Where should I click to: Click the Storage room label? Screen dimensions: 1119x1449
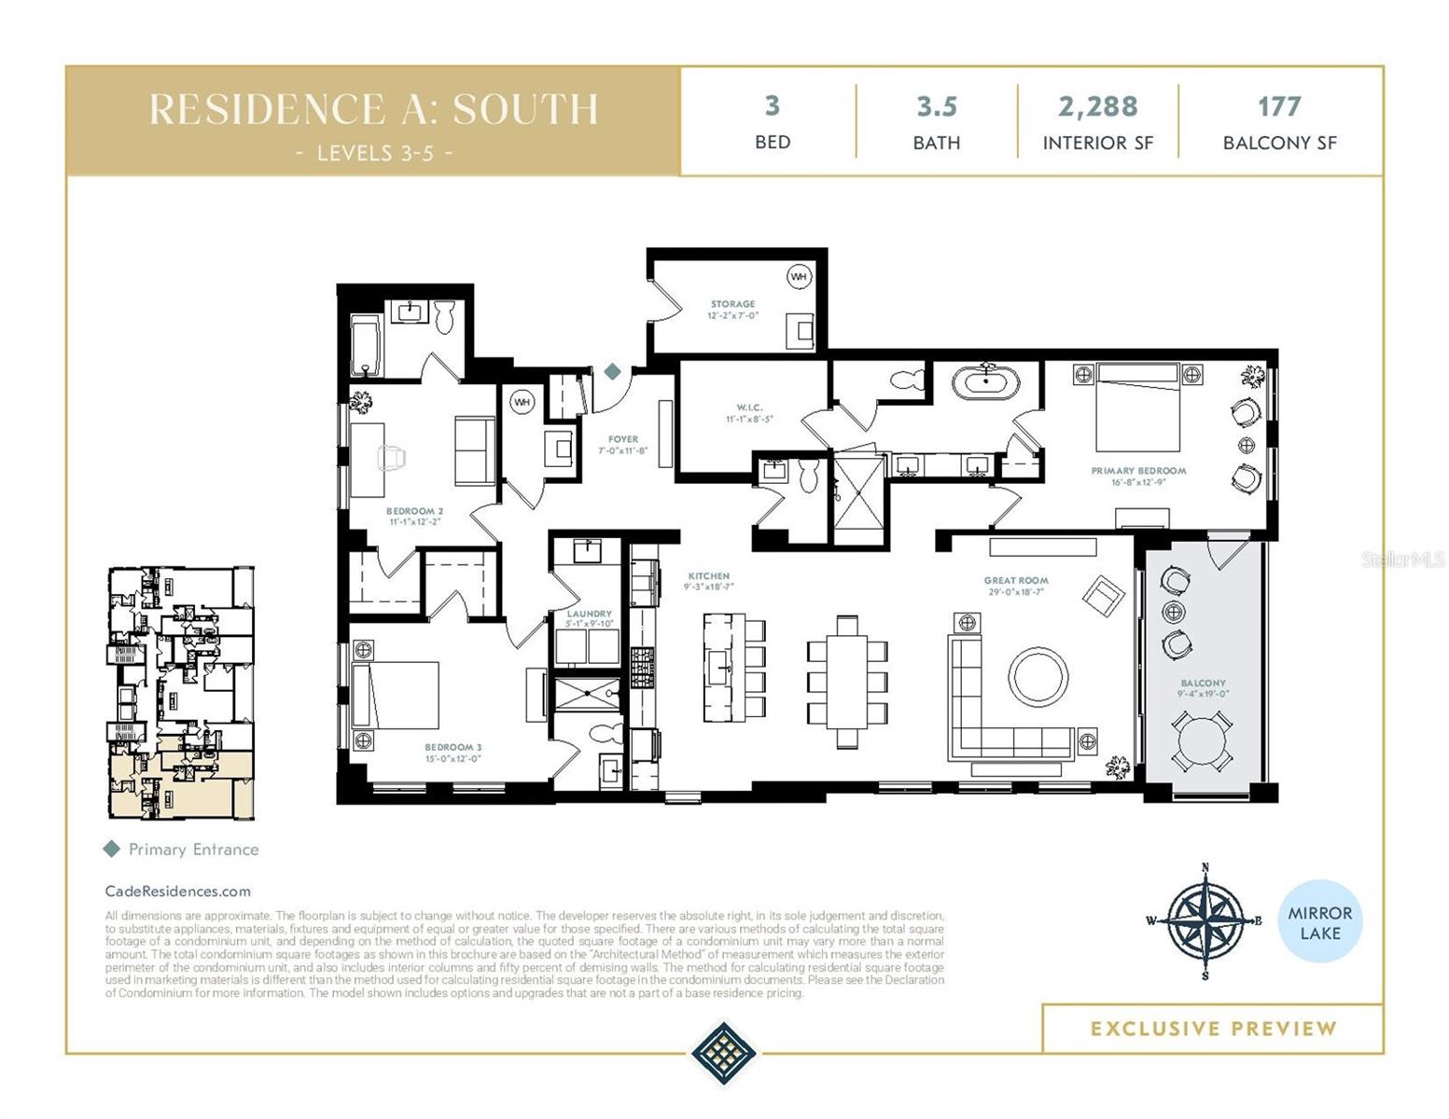click(732, 305)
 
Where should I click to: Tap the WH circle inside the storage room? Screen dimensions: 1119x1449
click(799, 277)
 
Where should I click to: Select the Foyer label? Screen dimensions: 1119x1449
click(623, 439)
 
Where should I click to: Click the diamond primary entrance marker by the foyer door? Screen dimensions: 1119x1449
click(612, 372)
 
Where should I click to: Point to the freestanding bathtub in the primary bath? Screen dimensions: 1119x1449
click(985, 381)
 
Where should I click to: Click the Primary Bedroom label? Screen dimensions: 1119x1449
click(1138, 471)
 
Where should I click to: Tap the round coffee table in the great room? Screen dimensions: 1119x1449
click(1038, 676)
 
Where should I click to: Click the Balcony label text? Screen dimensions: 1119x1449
click(1203, 684)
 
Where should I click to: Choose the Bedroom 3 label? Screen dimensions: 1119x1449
click(453, 747)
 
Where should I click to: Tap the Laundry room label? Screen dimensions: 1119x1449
click(589, 614)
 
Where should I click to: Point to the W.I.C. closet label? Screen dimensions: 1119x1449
click(749, 408)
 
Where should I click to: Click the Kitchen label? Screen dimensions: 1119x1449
click(708, 576)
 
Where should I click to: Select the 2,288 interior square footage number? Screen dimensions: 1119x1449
click(1097, 106)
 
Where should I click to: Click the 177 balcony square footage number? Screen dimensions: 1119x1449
click(1278, 106)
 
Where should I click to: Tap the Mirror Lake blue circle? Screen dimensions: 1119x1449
click(1319, 922)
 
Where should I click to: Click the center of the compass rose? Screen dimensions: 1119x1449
click(1205, 921)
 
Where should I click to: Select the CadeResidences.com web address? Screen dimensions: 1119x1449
click(177, 891)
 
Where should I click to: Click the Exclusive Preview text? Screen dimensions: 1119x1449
click(1213, 1029)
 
